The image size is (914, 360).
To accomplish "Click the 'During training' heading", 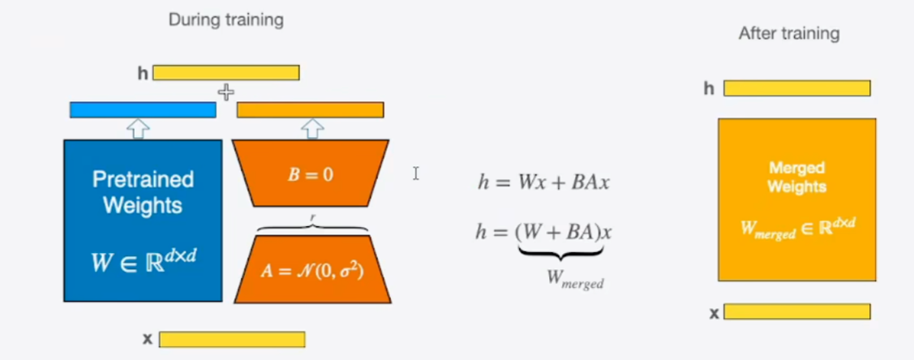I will [x=225, y=20].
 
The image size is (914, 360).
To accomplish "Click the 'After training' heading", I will [x=788, y=34].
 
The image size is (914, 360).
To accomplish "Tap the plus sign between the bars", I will [x=225, y=92].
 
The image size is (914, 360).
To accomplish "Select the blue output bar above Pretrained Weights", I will [x=143, y=109].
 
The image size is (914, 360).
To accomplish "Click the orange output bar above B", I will [x=310, y=109].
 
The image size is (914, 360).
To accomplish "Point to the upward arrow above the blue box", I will [x=139, y=128].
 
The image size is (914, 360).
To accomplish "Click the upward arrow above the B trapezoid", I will [x=312, y=128].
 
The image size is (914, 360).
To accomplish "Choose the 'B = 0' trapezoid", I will [x=311, y=174].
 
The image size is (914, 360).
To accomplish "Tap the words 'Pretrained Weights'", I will [x=143, y=191].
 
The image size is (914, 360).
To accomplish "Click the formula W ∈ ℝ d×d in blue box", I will [x=143, y=260].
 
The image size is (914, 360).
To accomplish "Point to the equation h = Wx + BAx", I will [x=543, y=182].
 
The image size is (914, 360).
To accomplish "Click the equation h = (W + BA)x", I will [x=543, y=233].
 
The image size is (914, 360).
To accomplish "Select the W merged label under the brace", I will [x=575, y=281].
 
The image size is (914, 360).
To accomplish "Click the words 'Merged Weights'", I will [x=796, y=178].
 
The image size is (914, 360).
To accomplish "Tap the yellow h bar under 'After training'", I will [x=796, y=88].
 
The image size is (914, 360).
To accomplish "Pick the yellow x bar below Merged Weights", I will [x=796, y=311].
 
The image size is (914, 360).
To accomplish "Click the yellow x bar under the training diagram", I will [x=232, y=339].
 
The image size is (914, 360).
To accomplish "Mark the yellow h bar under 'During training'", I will [x=225, y=73].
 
